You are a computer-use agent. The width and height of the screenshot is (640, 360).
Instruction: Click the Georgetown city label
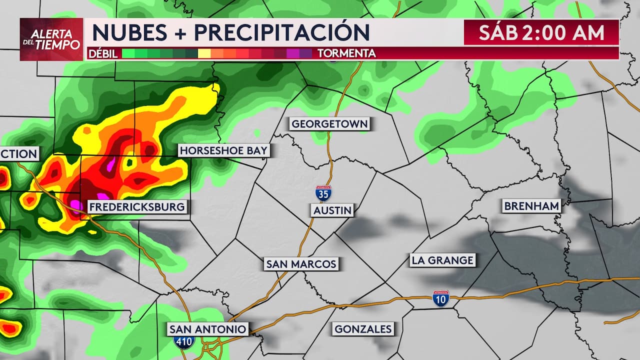[329, 124]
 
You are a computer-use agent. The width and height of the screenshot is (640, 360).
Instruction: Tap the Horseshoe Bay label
[223, 150]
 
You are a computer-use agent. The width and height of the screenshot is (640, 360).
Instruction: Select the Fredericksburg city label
[136, 206]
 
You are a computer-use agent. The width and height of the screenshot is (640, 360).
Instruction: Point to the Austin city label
[332, 210]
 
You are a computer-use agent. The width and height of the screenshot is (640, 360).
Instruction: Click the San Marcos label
[301, 264]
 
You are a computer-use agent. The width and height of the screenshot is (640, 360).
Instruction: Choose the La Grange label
[442, 260]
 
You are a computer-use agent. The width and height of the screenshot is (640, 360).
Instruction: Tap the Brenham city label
[531, 206]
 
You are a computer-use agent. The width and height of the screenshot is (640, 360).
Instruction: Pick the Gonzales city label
[363, 329]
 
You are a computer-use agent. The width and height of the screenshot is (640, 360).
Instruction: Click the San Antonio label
[207, 329]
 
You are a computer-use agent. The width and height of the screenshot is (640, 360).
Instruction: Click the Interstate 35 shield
[323, 193]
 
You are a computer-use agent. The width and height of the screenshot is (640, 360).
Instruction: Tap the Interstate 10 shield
[441, 298]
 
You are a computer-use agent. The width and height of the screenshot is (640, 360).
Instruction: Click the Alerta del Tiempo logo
[51, 39]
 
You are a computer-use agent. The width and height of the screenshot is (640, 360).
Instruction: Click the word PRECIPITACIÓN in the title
[282, 32]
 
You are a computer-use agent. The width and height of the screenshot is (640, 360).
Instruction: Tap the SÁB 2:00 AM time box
[541, 32]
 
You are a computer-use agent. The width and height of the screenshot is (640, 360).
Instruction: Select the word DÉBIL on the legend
[103, 53]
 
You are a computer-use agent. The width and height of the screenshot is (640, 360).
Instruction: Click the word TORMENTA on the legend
[346, 53]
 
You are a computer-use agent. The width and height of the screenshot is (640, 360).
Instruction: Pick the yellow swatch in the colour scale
[204, 53]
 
